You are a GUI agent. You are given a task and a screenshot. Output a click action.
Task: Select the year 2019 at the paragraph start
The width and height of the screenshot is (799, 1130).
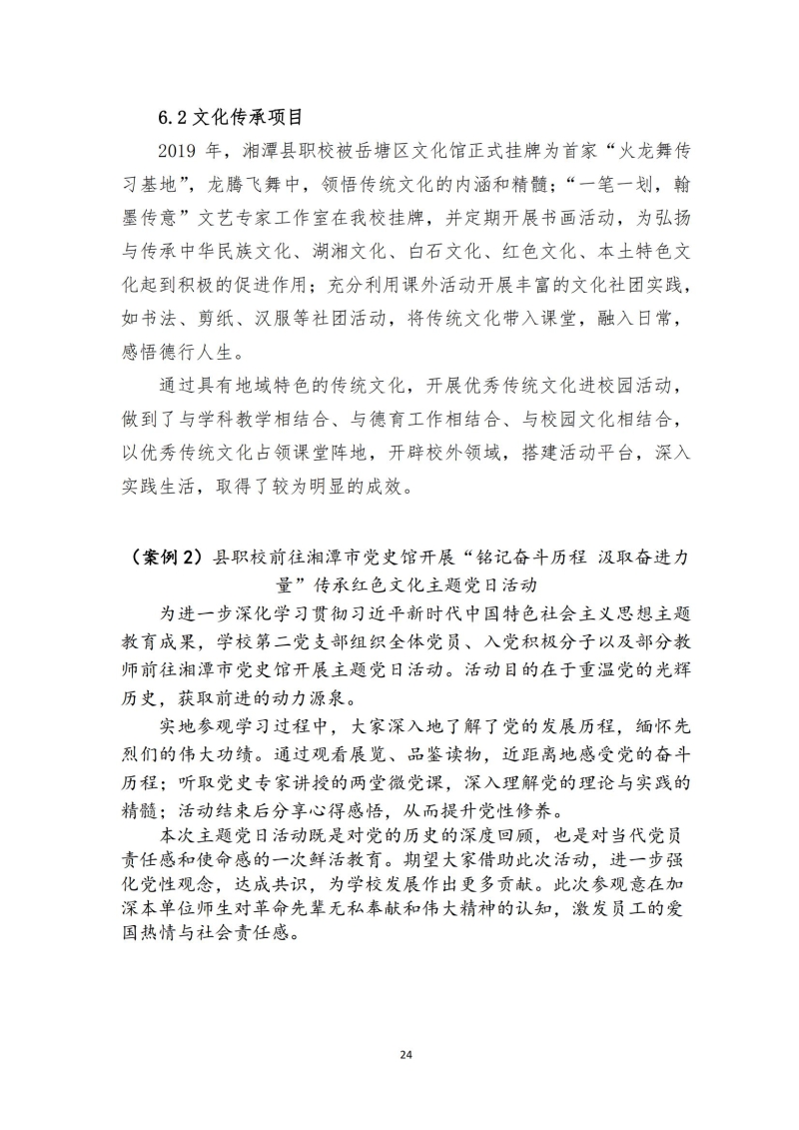pyautogui.click(x=181, y=151)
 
